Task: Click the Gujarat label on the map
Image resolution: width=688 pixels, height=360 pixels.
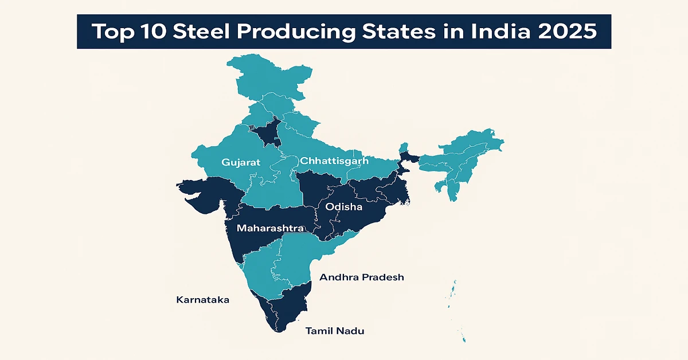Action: pos(241,162)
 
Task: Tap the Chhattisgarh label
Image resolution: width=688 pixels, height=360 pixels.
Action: pos(334,161)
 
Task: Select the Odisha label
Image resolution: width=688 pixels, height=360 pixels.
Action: pos(343,206)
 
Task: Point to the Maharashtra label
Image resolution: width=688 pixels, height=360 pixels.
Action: pos(270,228)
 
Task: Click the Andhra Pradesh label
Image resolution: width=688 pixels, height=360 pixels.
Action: pos(361,277)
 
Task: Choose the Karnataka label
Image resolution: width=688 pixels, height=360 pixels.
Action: pos(203,300)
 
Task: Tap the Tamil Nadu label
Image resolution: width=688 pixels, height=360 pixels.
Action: pos(335,331)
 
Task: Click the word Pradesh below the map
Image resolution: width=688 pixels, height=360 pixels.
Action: pos(382,277)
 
